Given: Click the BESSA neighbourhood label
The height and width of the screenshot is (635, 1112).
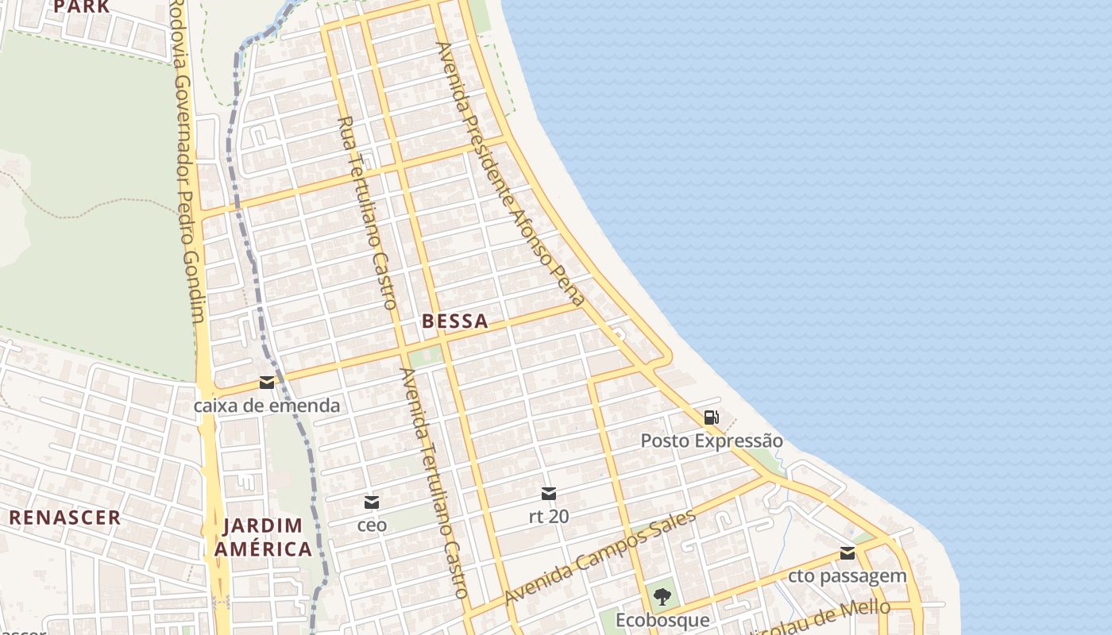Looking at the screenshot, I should pyautogui.click(x=455, y=321).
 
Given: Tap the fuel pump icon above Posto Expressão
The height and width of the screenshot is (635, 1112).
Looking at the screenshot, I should pyautogui.click(x=712, y=418).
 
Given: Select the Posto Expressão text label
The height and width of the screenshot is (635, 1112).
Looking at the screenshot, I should pyautogui.click(x=712, y=441).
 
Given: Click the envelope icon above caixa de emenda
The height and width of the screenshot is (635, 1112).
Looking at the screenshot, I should pyautogui.click(x=267, y=383).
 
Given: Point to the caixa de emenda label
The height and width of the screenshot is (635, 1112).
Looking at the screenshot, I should pyautogui.click(x=267, y=406).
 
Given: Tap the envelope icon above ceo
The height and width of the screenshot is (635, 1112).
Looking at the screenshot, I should pyautogui.click(x=372, y=502).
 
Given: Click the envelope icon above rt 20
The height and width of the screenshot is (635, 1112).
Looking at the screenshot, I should pyautogui.click(x=548, y=494).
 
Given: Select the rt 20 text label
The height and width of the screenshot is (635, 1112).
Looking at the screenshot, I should pyautogui.click(x=548, y=516).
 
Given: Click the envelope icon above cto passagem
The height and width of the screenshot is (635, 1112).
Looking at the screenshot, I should pyautogui.click(x=848, y=553).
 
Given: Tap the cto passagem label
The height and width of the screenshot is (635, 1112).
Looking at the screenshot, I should pyautogui.click(x=848, y=575).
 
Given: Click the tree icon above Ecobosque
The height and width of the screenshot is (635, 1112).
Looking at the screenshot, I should pyautogui.click(x=662, y=596).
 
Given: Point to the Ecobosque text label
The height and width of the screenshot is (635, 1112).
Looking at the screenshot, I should pyautogui.click(x=662, y=619).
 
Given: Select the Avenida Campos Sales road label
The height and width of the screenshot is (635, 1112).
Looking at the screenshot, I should pyautogui.click(x=600, y=557).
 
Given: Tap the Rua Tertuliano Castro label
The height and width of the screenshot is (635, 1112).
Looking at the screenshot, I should pyautogui.click(x=368, y=213).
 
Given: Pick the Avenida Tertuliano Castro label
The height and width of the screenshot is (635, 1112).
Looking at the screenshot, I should pyautogui.click(x=434, y=483).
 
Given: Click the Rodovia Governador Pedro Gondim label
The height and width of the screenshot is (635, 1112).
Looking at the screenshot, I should pyautogui.click(x=189, y=163).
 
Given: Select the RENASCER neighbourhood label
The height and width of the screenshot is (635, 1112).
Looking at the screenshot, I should pyautogui.click(x=65, y=518).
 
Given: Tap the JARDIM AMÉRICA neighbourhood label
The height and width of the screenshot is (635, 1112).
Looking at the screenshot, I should pyautogui.click(x=266, y=537).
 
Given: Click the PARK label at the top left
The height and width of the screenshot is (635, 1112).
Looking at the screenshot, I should pyautogui.click(x=82, y=6).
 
